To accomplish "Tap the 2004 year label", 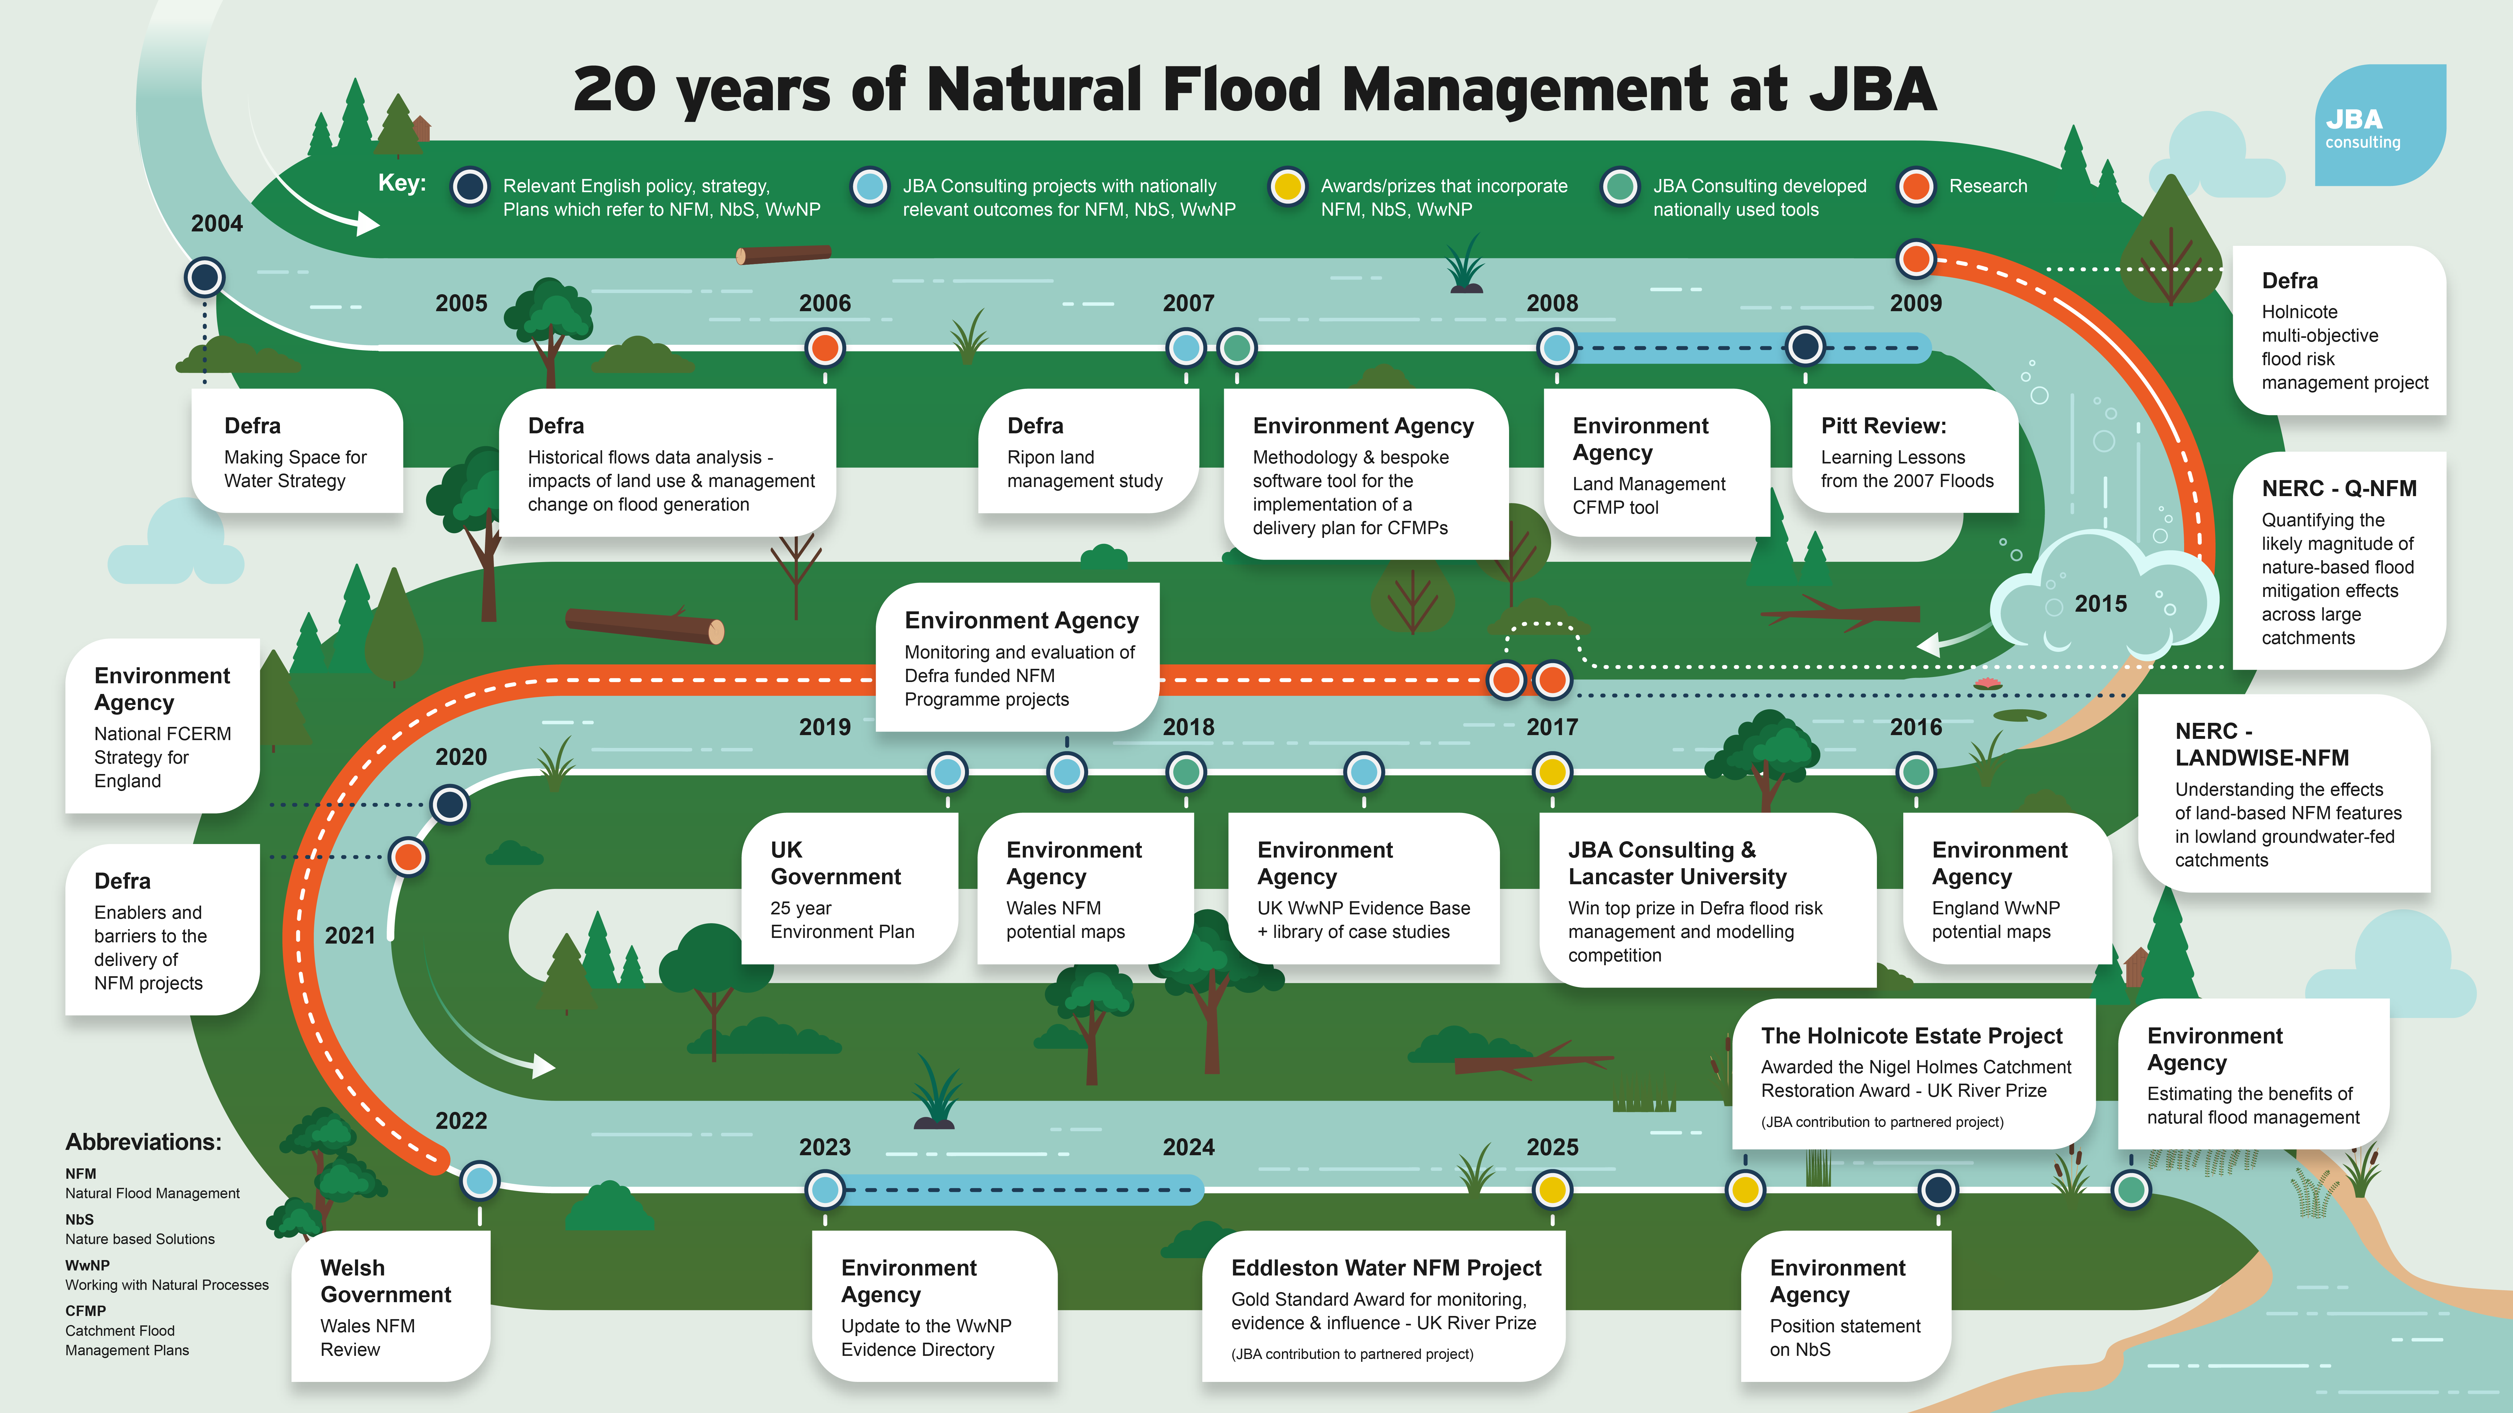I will [216, 223].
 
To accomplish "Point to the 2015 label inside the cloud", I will [2100, 604].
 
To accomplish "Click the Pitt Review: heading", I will [1883, 426].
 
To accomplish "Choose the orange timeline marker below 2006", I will [825, 347].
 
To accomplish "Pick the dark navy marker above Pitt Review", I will [1805, 346].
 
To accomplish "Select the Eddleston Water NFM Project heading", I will [1385, 1268].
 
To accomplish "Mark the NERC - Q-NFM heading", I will [2338, 489].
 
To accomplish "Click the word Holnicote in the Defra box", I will [2299, 312].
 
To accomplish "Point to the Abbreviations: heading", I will [144, 1142].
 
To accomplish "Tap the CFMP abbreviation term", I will [86, 1311].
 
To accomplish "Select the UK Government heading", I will [835, 863].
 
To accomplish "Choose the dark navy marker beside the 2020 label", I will [450, 804].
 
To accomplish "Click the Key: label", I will [402, 183].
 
